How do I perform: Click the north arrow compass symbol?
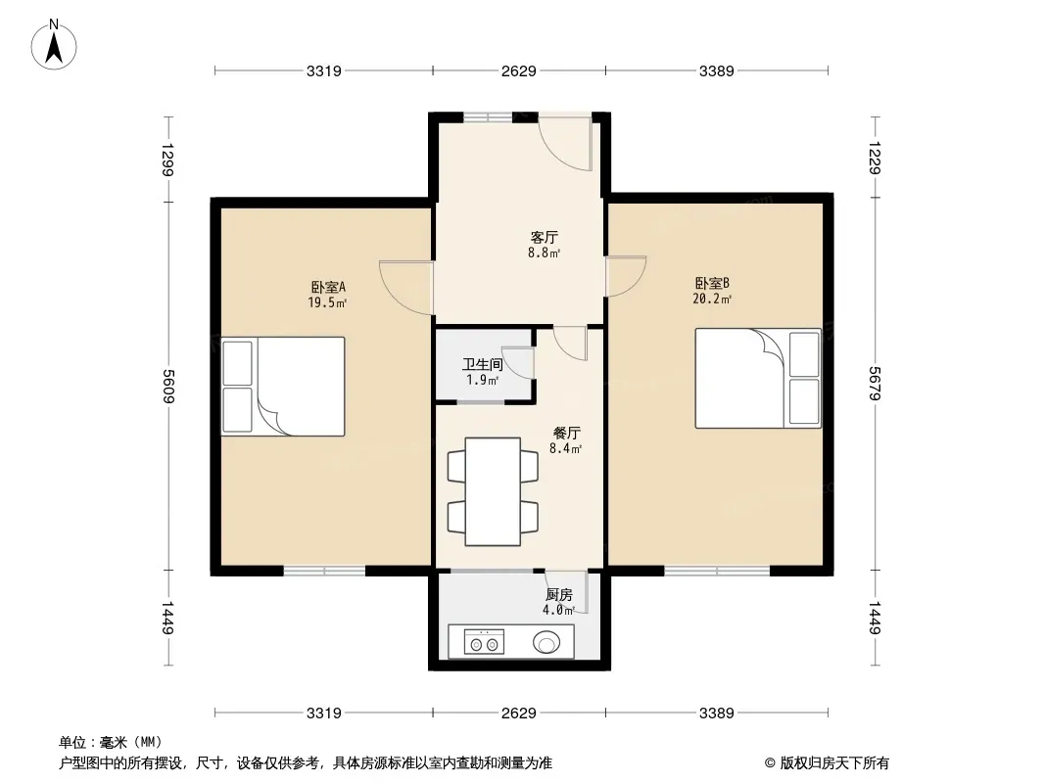click(54, 45)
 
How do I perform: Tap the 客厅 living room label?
click(544, 237)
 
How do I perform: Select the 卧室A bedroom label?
click(328, 288)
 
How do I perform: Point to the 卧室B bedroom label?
click(712, 284)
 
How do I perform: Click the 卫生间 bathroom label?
click(482, 364)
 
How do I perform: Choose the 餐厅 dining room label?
click(567, 433)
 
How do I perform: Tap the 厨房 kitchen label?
click(558, 595)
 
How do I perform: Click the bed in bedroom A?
click(283, 387)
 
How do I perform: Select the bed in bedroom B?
click(758, 378)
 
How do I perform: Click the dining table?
click(493, 491)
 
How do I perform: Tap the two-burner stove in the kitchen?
click(484, 642)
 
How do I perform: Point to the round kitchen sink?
click(546, 643)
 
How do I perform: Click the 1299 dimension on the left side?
click(167, 160)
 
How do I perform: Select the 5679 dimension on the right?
click(875, 384)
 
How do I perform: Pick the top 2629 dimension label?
click(519, 70)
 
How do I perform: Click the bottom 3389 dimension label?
click(717, 714)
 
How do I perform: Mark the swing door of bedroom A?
click(406, 286)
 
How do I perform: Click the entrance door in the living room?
click(565, 144)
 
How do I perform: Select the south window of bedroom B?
click(717, 570)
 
